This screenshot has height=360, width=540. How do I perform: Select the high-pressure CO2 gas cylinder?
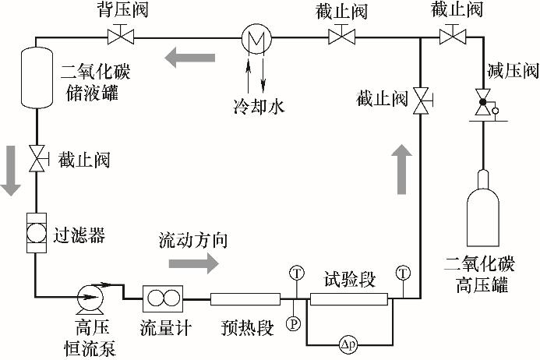pyautogui.click(x=483, y=210)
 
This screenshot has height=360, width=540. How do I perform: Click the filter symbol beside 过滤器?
pyautogui.click(x=35, y=232)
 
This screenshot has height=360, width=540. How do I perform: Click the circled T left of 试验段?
pyautogui.click(x=296, y=273)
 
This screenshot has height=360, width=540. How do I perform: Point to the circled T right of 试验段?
pyautogui.click(x=403, y=273)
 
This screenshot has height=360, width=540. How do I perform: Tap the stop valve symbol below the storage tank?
pyautogui.click(x=36, y=160)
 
